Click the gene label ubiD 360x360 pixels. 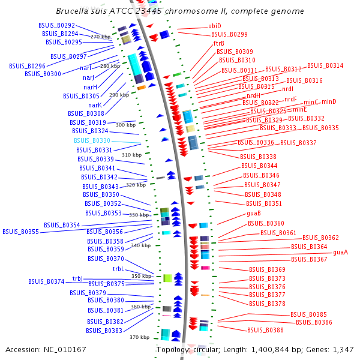click(214, 26)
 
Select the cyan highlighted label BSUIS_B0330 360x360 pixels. click(92, 140)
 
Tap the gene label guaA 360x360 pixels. click(340, 252)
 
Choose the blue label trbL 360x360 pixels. click(118, 269)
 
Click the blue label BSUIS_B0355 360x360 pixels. click(20, 232)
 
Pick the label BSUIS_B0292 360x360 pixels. click(58, 26)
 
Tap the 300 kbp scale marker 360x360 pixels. click(125, 125)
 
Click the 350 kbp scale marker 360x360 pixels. click(142, 276)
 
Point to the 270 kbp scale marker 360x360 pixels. click(101, 37)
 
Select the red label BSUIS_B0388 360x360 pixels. click(265, 330)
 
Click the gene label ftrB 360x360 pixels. click(218, 43)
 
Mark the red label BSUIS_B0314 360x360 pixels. click(325, 66)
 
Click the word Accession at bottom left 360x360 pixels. click(21, 349)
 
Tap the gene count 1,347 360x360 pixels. click(344, 349)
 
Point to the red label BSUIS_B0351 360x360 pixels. click(264, 203)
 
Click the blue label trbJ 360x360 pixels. click(77, 278)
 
